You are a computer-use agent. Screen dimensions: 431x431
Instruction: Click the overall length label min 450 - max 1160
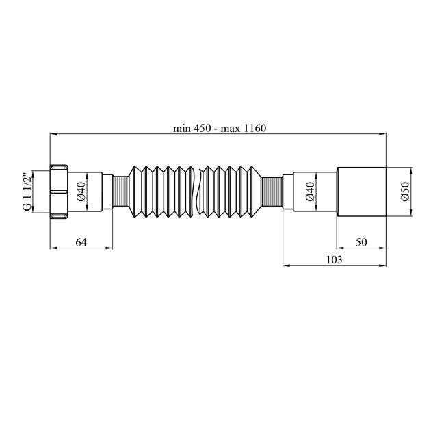pyautogui.click(x=220, y=128)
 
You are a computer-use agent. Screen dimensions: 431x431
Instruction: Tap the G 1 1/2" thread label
pyautogui.click(x=27, y=192)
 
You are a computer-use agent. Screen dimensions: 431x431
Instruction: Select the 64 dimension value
pyautogui.click(x=81, y=242)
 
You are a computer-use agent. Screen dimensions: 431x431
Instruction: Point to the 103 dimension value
pyautogui.click(x=335, y=260)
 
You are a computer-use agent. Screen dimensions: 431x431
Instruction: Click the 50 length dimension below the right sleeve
pyautogui.click(x=361, y=242)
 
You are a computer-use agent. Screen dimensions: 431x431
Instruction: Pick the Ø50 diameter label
pyautogui.click(x=405, y=192)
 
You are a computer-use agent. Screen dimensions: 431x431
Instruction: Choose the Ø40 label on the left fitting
pyautogui.click(x=82, y=192)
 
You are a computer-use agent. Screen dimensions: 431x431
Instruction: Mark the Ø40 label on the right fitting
pyautogui.click(x=310, y=192)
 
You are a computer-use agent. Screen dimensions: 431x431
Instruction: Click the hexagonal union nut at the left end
pyautogui.click(x=59, y=192)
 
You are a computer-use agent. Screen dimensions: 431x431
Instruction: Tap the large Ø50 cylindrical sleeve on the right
pyautogui.click(x=361, y=192)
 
